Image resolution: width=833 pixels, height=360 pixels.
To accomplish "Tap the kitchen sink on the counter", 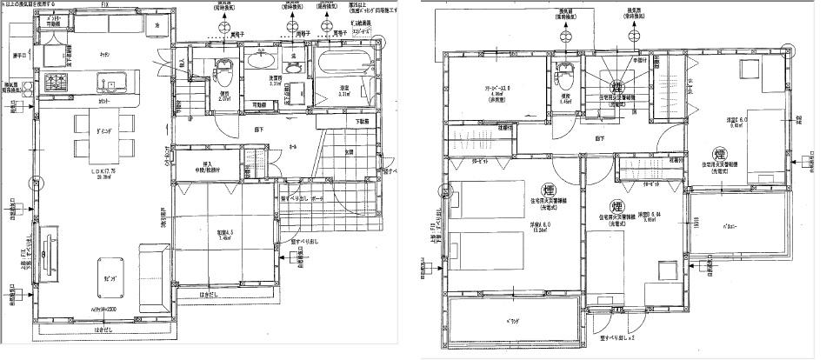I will point(110,84).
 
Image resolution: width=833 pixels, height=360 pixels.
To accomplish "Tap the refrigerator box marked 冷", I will point(157,25).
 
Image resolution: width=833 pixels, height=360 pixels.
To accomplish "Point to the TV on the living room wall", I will point(49,254).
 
